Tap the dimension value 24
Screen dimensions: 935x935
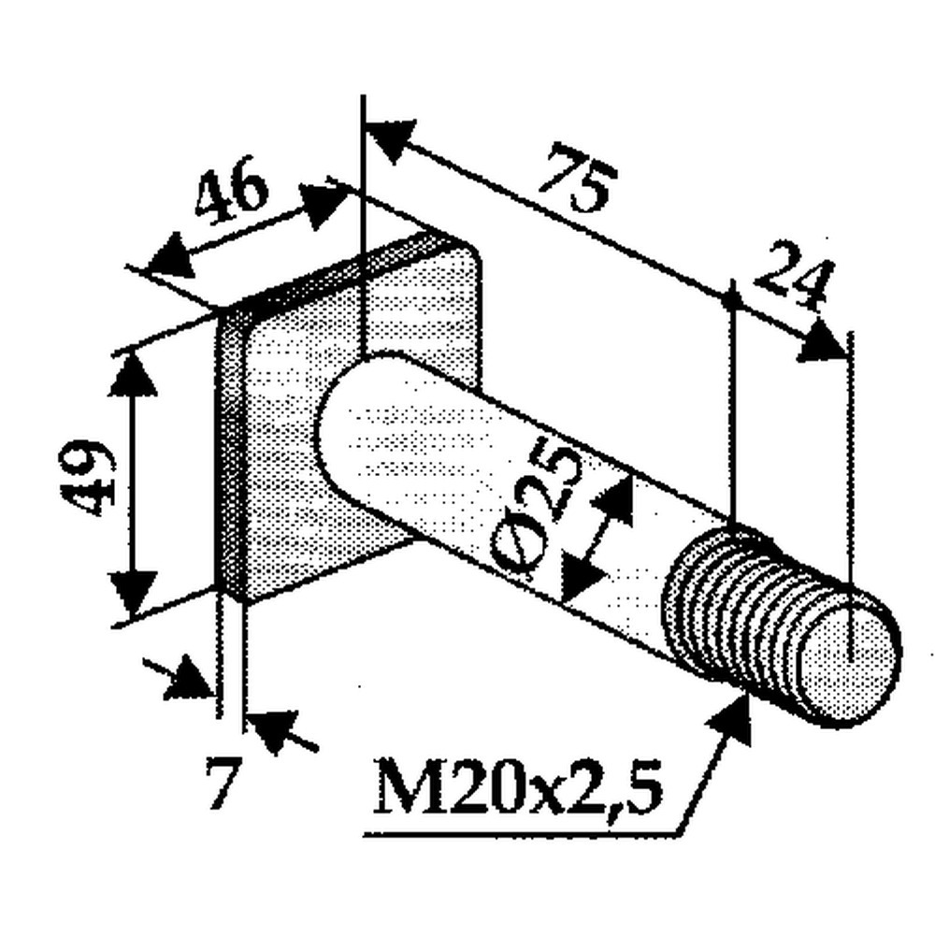pos(794,274)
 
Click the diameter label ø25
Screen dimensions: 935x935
pos(535,512)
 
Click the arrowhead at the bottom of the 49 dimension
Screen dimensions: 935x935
pos(133,594)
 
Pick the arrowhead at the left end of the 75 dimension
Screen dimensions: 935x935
pos(391,141)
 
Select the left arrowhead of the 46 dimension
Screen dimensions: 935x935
pos(171,258)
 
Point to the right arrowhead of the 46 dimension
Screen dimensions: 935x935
pos(322,205)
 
